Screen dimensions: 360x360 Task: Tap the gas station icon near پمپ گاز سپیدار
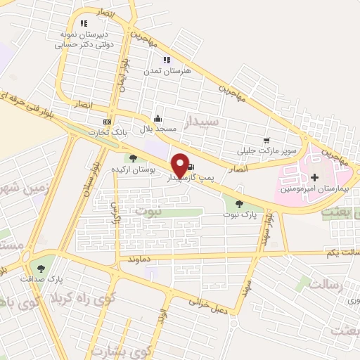click(x=192, y=167)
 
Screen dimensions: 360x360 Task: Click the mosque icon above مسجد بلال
click(x=157, y=118)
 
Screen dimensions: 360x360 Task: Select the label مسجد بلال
click(x=156, y=129)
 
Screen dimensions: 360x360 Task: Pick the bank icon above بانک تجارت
click(x=106, y=121)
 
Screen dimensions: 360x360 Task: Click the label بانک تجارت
click(x=105, y=131)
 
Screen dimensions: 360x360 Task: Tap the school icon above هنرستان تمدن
click(x=167, y=60)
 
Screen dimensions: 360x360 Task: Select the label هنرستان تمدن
click(x=163, y=71)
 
